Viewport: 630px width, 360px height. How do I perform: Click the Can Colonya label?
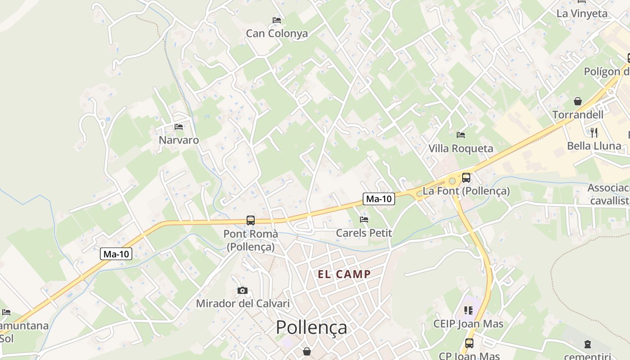tap(277, 33)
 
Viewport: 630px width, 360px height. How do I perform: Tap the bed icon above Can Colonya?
tap(277, 20)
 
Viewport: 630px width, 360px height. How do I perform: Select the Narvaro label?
tap(179, 140)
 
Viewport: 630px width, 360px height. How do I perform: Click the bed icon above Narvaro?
tap(179, 127)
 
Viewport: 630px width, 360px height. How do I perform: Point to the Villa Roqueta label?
tap(460, 148)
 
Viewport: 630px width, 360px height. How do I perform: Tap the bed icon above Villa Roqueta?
tap(460, 135)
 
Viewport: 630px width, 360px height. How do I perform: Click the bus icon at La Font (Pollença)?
tap(466, 178)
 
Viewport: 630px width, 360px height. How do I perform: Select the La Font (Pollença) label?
tap(466, 191)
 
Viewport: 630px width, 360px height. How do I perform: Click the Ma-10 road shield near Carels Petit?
tap(379, 199)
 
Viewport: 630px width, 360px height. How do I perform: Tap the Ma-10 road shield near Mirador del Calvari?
tap(116, 254)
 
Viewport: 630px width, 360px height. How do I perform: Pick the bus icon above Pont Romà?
tap(251, 220)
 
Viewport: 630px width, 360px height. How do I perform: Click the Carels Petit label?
tap(364, 233)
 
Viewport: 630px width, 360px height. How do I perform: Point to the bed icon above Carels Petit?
tap(364, 220)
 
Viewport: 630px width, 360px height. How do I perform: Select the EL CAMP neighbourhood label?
tap(344, 274)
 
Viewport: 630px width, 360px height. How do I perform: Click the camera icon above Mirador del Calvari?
tap(243, 290)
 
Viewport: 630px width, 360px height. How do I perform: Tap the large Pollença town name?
tap(311, 328)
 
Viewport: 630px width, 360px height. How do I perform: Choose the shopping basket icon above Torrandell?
tap(578, 102)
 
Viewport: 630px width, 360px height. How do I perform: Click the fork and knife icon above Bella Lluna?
tap(594, 132)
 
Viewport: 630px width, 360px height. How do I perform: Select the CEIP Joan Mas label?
tap(468, 324)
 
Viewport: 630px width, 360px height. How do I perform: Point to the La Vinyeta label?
tap(582, 13)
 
